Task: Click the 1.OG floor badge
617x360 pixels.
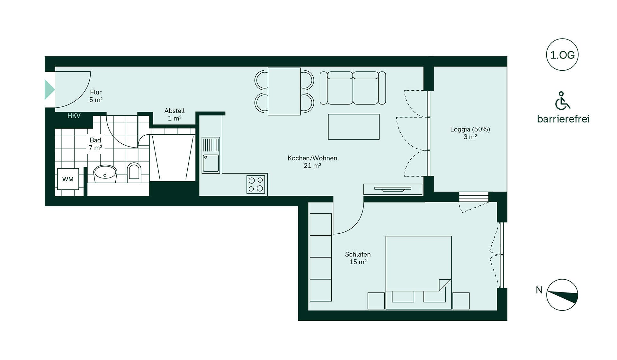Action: (562, 55)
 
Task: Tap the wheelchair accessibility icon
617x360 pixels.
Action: (562, 101)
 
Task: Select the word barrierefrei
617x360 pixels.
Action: (563, 119)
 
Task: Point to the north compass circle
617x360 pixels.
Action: (562, 295)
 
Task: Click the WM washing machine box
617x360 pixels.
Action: (68, 179)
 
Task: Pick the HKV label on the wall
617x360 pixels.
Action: (74, 116)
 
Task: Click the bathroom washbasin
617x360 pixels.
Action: (105, 174)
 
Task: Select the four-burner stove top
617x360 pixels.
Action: (256, 184)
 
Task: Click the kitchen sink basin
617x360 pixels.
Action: (211, 163)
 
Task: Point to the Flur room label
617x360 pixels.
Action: (96, 96)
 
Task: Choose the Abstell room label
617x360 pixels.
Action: (174, 114)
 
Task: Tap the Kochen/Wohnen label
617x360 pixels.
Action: (312, 162)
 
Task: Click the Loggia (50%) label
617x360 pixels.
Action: (470, 133)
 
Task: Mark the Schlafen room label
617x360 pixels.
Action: (358, 258)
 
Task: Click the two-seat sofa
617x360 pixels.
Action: (353, 88)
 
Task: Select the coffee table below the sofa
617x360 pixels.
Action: (353, 127)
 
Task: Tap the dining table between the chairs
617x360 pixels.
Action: (284, 91)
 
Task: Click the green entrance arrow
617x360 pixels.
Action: (49, 89)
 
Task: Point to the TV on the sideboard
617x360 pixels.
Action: (393, 189)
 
